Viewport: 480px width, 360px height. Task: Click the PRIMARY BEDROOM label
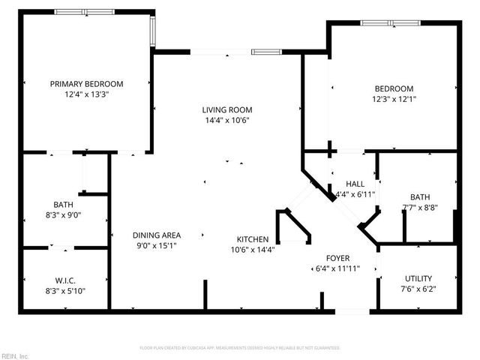point(86,84)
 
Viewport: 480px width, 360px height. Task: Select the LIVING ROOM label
point(226,109)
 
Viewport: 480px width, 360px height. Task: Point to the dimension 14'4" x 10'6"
point(226,120)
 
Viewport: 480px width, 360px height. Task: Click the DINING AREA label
point(157,235)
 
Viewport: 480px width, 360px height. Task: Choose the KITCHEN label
point(253,239)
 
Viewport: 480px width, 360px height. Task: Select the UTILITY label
point(418,277)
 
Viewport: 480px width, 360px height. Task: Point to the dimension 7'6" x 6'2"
point(418,289)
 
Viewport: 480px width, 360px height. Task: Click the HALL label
point(355,184)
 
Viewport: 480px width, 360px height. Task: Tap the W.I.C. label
point(66,280)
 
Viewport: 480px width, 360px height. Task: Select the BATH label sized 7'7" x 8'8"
point(420,197)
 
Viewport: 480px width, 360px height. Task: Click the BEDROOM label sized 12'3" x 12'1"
point(393,88)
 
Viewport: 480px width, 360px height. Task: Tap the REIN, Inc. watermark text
point(15,355)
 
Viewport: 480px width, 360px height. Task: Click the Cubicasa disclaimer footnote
point(240,348)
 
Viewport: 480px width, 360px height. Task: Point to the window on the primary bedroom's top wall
point(83,12)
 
